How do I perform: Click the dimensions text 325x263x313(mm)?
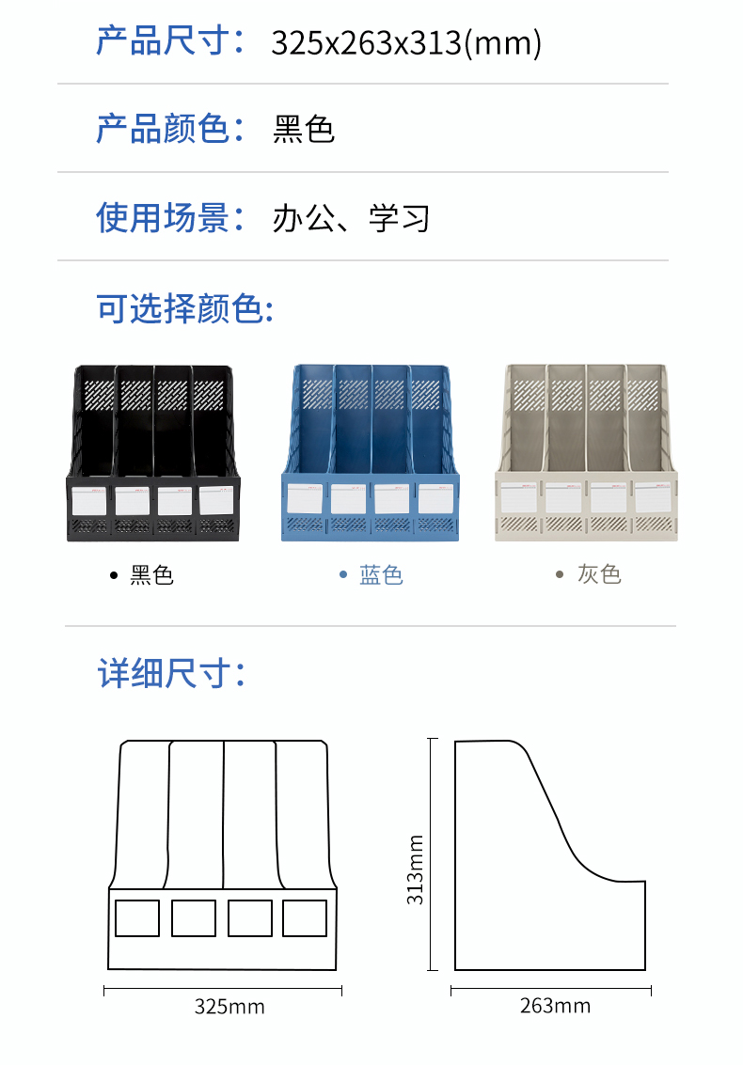[406, 43]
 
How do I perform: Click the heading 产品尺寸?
[162, 40]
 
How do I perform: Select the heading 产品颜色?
[162, 129]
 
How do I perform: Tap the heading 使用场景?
[162, 217]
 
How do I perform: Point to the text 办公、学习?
[351, 219]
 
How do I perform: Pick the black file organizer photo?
[153, 453]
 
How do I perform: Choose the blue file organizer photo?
[371, 452]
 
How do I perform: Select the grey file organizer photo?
[586, 452]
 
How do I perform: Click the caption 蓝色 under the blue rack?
[381, 575]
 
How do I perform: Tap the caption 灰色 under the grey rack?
[599, 574]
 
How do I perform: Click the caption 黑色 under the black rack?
[151, 576]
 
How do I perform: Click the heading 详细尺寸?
[162, 673]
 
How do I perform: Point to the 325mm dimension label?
[229, 1007]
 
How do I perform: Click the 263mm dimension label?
[555, 1006]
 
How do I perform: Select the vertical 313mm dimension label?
[415, 870]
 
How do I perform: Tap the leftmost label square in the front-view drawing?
[137, 918]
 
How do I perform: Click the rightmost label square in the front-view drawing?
[305, 918]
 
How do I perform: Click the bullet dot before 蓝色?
[343, 575]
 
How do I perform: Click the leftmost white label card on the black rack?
[89, 501]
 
